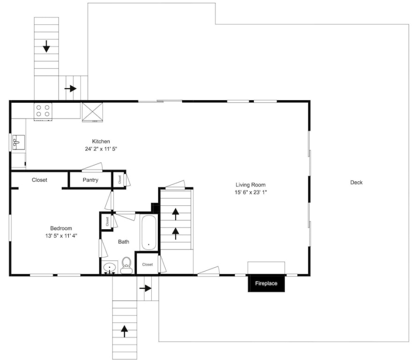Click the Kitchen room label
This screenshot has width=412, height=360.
(101, 141)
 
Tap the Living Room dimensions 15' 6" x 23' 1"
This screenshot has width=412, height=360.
(250, 192)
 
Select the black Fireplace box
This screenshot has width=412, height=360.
(266, 283)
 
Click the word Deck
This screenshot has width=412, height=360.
(356, 182)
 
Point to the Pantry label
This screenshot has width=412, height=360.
(90, 180)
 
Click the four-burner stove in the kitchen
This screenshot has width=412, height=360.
(43, 111)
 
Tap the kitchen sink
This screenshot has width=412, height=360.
(18, 142)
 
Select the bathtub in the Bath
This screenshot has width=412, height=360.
(149, 232)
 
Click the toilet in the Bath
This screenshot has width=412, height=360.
(126, 265)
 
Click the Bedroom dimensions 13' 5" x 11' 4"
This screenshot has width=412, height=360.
(61, 236)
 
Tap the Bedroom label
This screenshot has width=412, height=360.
(61, 228)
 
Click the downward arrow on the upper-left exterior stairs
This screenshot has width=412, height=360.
(46, 46)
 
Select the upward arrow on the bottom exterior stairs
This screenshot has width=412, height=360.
(124, 331)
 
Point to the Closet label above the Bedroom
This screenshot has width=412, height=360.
(39, 180)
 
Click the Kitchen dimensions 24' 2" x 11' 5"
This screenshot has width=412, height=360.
(101, 149)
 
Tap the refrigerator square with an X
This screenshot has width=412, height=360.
(92, 112)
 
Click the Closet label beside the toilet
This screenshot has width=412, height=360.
(147, 264)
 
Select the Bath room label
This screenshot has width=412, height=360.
(124, 241)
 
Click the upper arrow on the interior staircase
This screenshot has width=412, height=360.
(176, 214)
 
